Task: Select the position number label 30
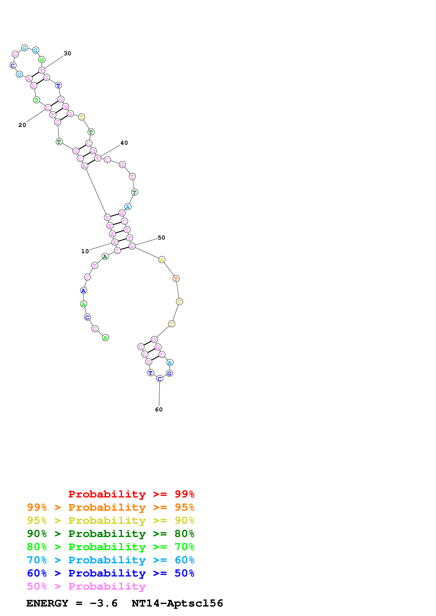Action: tap(67, 53)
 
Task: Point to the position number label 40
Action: tap(124, 143)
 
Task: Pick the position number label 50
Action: tap(161, 237)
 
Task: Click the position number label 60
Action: tap(159, 409)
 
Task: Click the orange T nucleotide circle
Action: tap(176, 278)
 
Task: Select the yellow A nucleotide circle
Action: tap(162, 260)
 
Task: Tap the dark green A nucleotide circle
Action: tap(105, 257)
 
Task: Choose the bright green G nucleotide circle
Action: tap(42, 60)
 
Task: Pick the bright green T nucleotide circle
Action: tap(36, 100)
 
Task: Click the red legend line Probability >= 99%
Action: tap(131, 494)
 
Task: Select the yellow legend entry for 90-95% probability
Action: tap(110, 520)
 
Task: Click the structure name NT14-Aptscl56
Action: tap(177, 603)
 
